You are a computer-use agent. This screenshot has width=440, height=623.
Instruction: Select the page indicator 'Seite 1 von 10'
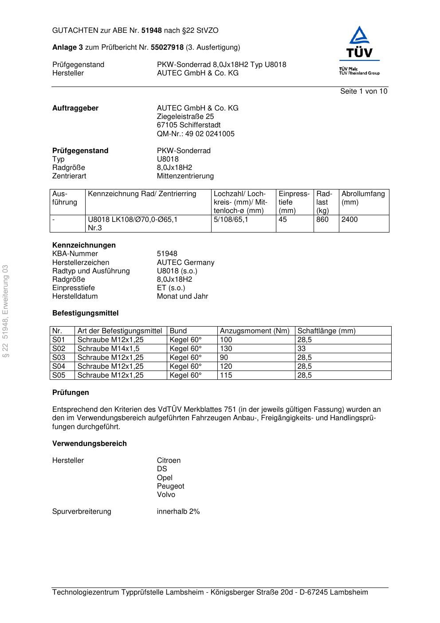click(363, 91)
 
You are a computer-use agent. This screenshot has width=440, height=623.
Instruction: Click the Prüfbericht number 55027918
click(167, 47)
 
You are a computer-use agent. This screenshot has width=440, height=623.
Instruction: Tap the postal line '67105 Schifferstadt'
click(189, 125)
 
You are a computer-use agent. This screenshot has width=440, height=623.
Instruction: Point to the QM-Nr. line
click(196, 134)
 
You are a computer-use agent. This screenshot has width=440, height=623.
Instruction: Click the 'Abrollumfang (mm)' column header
click(363, 198)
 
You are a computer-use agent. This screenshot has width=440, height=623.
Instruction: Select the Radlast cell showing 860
click(322, 220)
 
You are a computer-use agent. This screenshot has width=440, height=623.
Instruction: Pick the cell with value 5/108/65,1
click(231, 220)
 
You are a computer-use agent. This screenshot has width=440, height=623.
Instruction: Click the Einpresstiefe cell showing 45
click(283, 220)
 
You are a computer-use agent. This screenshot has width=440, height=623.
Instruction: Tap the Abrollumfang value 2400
click(350, 220)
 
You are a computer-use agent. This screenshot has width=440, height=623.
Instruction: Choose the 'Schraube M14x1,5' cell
click(108, 349)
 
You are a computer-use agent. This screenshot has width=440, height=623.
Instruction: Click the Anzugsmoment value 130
click(226, 349)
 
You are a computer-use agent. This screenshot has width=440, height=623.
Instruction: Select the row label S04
click(59, 367)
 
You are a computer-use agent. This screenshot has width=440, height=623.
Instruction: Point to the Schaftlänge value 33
click(302, 349)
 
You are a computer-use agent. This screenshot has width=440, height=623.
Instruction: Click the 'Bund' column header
click(178, 331)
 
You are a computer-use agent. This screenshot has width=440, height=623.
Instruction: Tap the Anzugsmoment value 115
click(226, 375)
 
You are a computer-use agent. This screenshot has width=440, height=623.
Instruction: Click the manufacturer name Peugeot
click(170, 486)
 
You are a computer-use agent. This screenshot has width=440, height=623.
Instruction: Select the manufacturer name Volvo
click(166, 495)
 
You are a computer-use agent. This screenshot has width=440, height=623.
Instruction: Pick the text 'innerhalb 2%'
click(178, 512)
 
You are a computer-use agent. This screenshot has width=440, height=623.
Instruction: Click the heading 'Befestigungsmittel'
click(86, 313)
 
